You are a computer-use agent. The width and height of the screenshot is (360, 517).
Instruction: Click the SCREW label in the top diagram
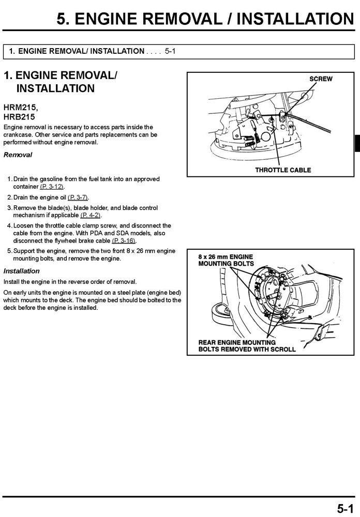[321, 79]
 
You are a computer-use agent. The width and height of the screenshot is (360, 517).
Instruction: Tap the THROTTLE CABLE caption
[283, 170]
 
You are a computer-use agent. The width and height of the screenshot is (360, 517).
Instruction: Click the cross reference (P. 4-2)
[91, 215]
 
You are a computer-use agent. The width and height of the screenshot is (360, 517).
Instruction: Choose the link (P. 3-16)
[124, 240]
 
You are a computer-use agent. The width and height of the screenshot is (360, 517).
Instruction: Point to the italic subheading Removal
[18, 155]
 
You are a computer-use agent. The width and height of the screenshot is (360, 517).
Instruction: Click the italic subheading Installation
[21, 271]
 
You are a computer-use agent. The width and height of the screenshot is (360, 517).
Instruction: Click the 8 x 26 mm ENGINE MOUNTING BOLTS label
[226, 260]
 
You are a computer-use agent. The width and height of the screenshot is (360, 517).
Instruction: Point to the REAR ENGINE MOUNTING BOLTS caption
[247, 346]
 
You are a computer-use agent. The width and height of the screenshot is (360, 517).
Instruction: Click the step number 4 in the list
[9, 226]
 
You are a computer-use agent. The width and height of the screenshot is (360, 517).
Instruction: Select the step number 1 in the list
[9, 179]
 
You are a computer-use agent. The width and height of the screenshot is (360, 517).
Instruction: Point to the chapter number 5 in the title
[63, 20]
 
